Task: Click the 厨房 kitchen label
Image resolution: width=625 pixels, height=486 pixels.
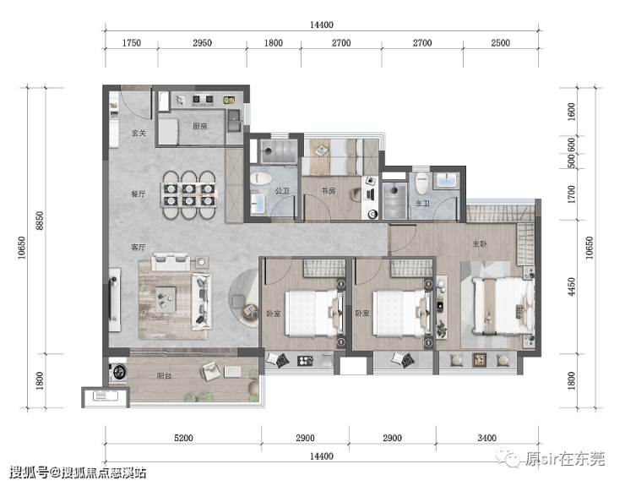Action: [x=199, y=126]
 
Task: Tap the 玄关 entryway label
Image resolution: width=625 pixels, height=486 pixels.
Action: [x=139, y=134]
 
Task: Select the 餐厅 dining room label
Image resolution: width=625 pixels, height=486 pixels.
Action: [x=139, y=194]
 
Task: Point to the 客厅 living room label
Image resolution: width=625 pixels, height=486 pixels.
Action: [x=139, y=248]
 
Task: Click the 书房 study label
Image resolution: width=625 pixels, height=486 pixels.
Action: [x=328, y=191]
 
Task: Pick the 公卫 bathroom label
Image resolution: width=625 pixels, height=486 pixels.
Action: [x=282, y=191]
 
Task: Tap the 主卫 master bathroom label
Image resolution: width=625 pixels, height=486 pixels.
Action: [x=422, y=204]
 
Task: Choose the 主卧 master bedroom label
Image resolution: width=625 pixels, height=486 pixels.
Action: [x=480, y=243]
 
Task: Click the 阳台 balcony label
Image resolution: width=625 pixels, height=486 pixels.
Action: [x=164, y=376]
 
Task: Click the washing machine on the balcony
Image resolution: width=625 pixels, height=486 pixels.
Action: [x=118, y=372]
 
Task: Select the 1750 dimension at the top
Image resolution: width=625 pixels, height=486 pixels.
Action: [x=131, y=43]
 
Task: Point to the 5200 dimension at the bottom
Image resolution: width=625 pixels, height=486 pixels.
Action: [x=183, y=438]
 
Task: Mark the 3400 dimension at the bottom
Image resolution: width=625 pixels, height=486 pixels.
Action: [x=486, y=438]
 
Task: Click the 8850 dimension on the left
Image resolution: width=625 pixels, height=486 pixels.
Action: [x=40, y=221]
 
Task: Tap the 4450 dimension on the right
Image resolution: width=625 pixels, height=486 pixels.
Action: [x=572, y=287]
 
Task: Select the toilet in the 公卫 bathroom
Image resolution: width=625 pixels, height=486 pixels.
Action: [x=261, y=178]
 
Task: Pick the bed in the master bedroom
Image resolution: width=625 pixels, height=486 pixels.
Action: [x=503, y=306]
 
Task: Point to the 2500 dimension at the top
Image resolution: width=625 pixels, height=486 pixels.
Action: [x=500, y=43]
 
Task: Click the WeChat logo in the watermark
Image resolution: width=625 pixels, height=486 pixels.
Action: [x=509, y=458]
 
